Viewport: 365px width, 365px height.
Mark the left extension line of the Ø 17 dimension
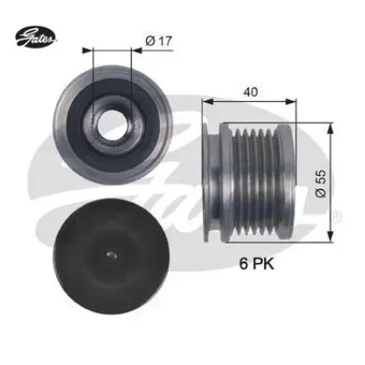pos(93,79)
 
